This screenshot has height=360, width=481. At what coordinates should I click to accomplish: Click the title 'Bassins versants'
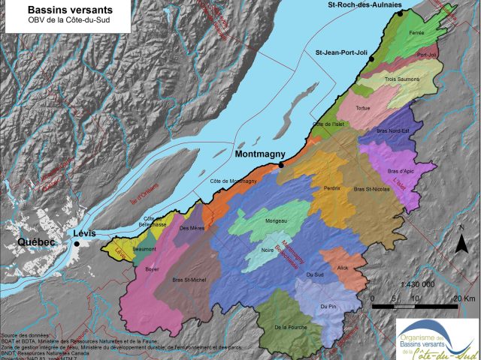point(59,9)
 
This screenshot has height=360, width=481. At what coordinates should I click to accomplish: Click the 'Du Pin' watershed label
point(327,307)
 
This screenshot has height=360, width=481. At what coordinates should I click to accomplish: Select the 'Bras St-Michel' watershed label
point(189,280)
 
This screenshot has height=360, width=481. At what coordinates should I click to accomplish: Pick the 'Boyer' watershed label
point(153,267)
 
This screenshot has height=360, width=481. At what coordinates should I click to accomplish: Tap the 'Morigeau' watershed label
point(277,221)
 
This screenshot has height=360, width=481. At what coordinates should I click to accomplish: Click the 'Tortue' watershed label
point(363,108)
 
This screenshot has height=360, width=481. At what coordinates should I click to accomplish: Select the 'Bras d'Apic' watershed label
point(401,171)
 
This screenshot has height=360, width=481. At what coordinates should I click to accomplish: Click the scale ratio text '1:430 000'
point(417,285)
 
